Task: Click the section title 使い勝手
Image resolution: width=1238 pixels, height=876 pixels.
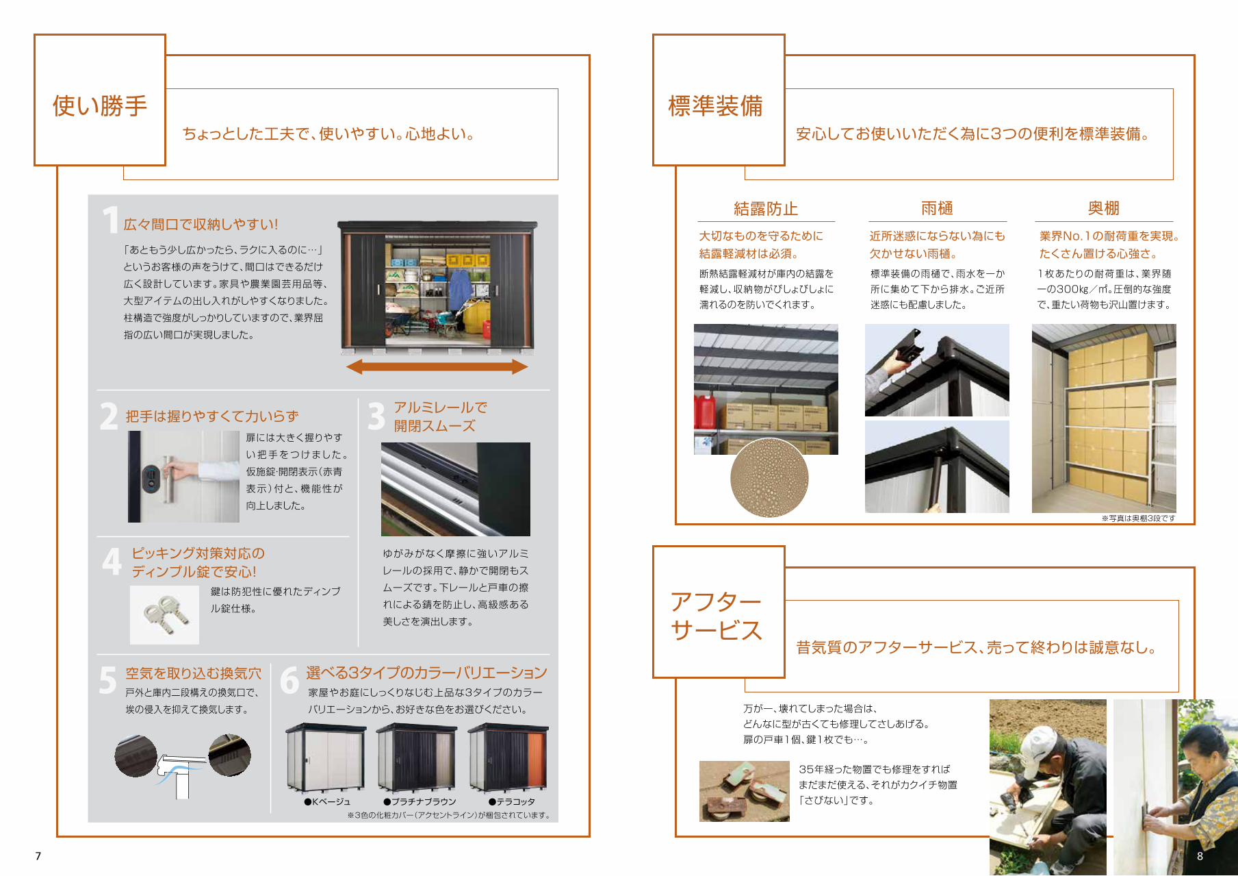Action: [100, 106]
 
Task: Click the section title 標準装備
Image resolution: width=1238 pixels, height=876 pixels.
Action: [715, 106]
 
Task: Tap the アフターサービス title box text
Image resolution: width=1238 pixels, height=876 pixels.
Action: [716, 616]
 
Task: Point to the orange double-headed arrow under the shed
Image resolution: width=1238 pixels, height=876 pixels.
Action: [437, 366]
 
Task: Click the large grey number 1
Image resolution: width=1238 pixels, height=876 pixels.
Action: [110, 220]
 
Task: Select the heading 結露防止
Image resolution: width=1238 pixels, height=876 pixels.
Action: [766, 208]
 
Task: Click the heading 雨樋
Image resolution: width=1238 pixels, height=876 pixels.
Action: [937, 208]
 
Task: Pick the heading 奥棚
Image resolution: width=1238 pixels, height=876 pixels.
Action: [1104, 208]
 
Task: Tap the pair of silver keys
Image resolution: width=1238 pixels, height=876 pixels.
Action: [165, 613]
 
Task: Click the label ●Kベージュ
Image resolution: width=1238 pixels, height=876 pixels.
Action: [327, 801]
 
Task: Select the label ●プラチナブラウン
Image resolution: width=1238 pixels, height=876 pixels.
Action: [420, 801]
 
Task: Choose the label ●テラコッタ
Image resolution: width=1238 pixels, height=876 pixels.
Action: [511, 801]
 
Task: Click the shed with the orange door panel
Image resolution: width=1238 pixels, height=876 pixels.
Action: [508, 758]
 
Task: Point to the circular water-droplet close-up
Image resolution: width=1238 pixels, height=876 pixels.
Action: [769, 477]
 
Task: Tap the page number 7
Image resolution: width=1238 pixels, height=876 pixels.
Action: [38, 856]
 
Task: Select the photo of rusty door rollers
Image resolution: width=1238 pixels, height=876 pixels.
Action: [745, 791]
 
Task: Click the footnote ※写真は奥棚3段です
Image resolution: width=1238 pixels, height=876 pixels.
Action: [1138, 518]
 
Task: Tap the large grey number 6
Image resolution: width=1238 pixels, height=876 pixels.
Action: [289, 680]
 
